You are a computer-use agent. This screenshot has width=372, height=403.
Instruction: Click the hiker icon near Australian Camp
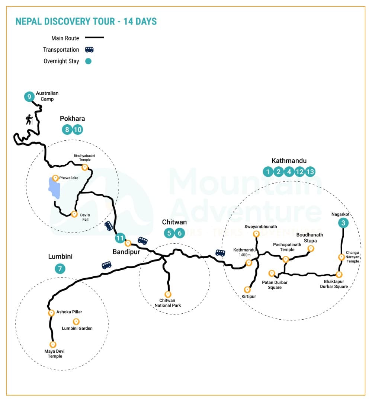29,120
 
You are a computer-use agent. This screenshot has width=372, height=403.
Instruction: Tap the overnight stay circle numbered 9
29,97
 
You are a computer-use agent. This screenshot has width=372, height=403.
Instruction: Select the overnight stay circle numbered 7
60,269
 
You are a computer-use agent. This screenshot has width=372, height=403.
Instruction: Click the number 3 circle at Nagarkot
343,223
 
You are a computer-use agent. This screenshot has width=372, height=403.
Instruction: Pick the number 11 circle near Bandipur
119,238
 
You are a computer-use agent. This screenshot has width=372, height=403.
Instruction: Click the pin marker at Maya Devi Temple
53,345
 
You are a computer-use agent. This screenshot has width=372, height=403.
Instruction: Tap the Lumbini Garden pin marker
76,321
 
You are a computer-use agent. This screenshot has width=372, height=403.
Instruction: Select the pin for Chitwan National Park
168,294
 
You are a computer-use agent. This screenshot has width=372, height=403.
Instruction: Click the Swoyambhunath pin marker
256,234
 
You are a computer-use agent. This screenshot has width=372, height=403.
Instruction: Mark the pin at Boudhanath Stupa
311,249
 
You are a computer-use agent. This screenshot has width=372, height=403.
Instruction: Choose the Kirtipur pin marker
247,290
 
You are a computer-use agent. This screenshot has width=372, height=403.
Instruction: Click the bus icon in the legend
89,49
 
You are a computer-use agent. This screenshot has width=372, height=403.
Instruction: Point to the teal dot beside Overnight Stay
89,61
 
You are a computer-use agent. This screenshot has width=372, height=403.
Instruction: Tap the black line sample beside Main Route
94,38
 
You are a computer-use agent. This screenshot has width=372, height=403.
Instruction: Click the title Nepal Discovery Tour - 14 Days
86,22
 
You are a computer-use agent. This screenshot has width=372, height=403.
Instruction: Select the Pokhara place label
73,119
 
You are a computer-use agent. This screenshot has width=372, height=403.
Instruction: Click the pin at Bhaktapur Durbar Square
339,275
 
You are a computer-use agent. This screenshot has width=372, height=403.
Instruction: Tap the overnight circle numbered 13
310,172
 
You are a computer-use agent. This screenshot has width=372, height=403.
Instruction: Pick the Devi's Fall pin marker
74,214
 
